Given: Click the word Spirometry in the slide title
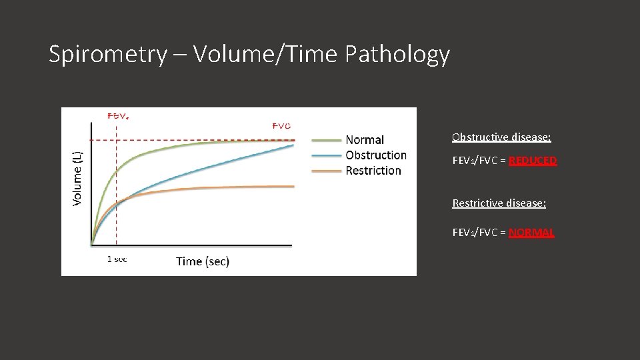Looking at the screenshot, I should [x=107, y=55].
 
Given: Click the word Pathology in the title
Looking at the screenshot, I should [x=397, y=55].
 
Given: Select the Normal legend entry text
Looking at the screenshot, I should [x=365, y=140].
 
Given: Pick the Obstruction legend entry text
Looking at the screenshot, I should [x=376, y=155].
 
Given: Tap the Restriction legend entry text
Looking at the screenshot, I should [x=373, y=171].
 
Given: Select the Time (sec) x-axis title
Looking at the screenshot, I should [x=203, y=261].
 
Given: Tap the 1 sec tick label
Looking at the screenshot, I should [x=117, y=259].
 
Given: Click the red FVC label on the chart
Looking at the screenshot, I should [x=281, y=125].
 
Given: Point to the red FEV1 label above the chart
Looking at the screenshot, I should [x=118, y=115].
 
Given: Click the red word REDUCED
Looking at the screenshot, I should [x=533, y=161].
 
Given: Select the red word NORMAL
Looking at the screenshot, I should [x=531, y=233].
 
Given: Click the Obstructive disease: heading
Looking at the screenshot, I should [x=501, y=137].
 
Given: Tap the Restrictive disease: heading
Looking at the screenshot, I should [x=499, y=203].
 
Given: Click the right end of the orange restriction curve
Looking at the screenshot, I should [x=293, y=187].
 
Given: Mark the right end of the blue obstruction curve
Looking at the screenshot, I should [x=293, y=145].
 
